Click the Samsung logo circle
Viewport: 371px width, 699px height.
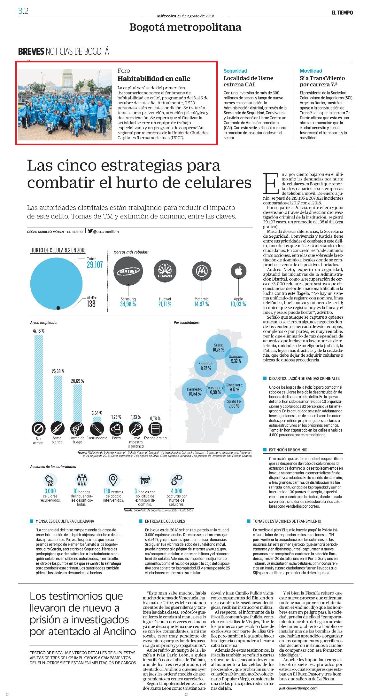(x=128, y=271)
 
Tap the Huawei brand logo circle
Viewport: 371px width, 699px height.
(x=165, y=271)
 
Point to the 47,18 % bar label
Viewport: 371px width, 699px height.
(x=38, y=331)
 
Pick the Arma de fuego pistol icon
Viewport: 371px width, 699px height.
(x=77, y=429)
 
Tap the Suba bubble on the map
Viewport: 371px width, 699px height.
(x=219, y=347)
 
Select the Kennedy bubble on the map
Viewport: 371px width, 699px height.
(x=195, y=391)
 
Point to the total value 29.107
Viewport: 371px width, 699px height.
(x=95, y=265)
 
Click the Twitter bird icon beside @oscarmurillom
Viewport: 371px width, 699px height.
(x=90, y=231)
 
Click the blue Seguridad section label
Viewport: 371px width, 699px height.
(x=235, y=71)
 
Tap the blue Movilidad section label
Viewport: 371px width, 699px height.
(x=311, y=71)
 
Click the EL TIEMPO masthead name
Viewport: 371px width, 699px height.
(x=342, y=12)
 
